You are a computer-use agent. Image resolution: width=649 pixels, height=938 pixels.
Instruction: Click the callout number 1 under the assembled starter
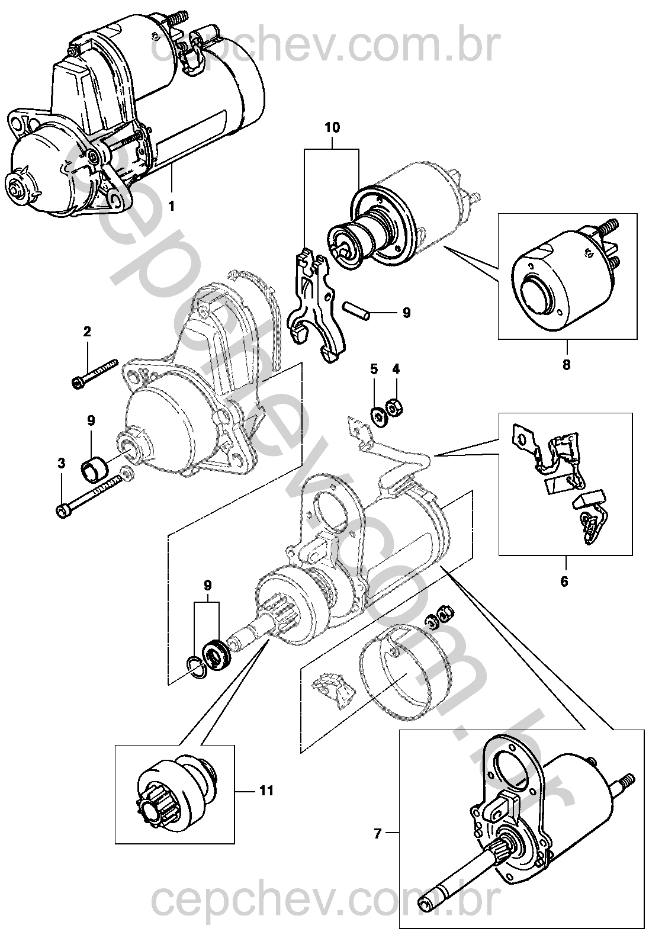pyautogui.click(x=171, y=206)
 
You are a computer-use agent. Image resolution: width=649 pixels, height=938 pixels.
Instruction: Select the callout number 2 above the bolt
pyautogui.click(x=86, y=332)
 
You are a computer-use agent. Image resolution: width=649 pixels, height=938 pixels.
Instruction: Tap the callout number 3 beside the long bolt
pyautogui.click(x=62, y=463)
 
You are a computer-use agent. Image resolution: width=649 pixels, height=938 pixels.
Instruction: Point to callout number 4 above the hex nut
pyautogui.click(x=396, y=369)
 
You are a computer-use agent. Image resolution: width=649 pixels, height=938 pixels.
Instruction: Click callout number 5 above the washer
pyautogui.click(x=374, y=369)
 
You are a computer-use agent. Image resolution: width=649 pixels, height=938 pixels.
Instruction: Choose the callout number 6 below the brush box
pyautogui.click(x=564, y=581)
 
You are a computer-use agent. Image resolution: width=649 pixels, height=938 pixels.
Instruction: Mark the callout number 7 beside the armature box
pyautogui.click(x=378, y=834)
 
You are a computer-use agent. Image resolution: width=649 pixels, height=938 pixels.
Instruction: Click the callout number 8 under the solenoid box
pyautogui.click(x=566, y=365)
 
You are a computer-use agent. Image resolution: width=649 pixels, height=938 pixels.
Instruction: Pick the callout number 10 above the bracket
pyautogui.click(x=332, y=128)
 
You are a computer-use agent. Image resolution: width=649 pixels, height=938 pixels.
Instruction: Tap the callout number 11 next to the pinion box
pyautogui.click(x=266, y=791)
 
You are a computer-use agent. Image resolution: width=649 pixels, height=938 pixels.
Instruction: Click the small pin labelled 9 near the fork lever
pyautogui.click(x=356, y=311)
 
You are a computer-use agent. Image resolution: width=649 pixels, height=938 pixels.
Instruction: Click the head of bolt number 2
pyautogui.click(x=78, y=383)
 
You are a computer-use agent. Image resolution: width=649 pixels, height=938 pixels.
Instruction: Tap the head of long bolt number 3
pyautogui.click(x=62, y=511)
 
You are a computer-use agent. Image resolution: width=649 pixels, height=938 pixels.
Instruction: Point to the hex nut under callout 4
pyautogui.click(x=394, y=407)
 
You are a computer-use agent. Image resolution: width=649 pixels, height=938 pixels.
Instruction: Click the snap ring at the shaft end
pyautogui.click(x=195, y=666)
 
